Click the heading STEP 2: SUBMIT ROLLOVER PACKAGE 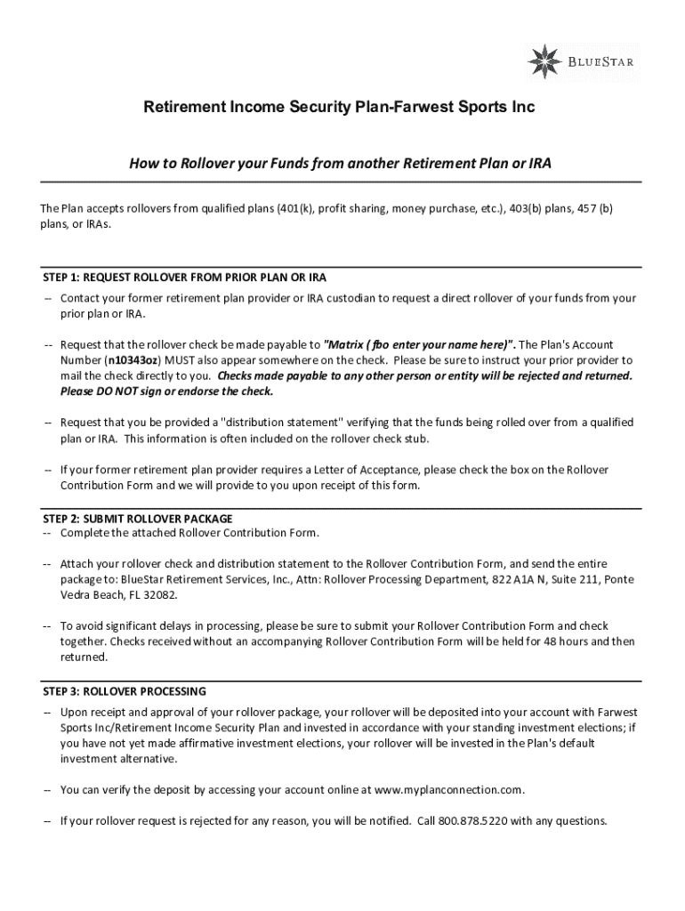click(x=138, y=519)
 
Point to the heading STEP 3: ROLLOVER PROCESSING click(x=125, y=691)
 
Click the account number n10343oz click(x=134, y=360)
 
